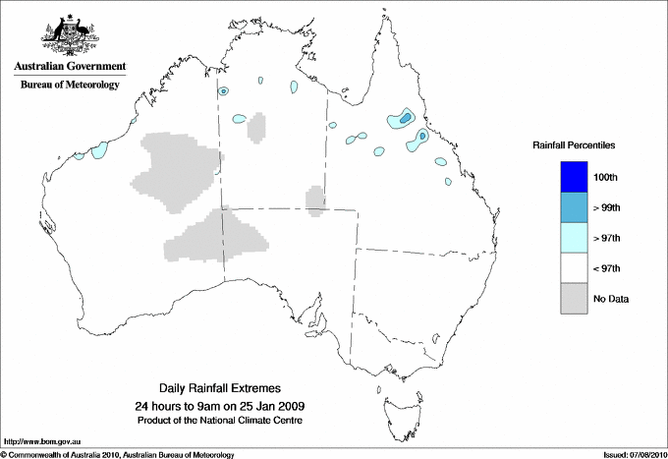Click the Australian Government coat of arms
click(x=69, y=33)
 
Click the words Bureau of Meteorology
click(x=70, y=86)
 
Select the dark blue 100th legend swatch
click(x=573, y=177)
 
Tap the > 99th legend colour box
click(x=573, y=207)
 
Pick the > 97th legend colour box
click(x=573, y=238)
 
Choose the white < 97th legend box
click(x=573, y=268)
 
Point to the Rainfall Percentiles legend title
click(x=574, y=144)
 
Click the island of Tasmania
click(x=394, y=402)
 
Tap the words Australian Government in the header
click(x=70, y=67)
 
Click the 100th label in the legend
click(x=606, y=177)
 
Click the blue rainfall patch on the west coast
click(x=99, y=150)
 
